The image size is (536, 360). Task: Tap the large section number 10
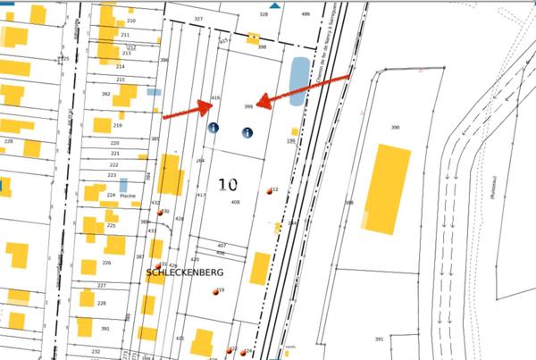point(227,185)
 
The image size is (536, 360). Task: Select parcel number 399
point(249,106)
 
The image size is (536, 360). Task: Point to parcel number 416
point(215,97)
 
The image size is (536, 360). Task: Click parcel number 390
point(395,128)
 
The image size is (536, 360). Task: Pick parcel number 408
point(235,203)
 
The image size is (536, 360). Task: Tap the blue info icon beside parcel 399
point(247,133)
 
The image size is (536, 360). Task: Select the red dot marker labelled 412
point(270,191)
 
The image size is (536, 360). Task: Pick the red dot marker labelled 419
point(215,292)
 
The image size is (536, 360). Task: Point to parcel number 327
point(198,19)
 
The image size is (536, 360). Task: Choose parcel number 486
point(306,14)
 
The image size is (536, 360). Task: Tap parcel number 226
point(106,263)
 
